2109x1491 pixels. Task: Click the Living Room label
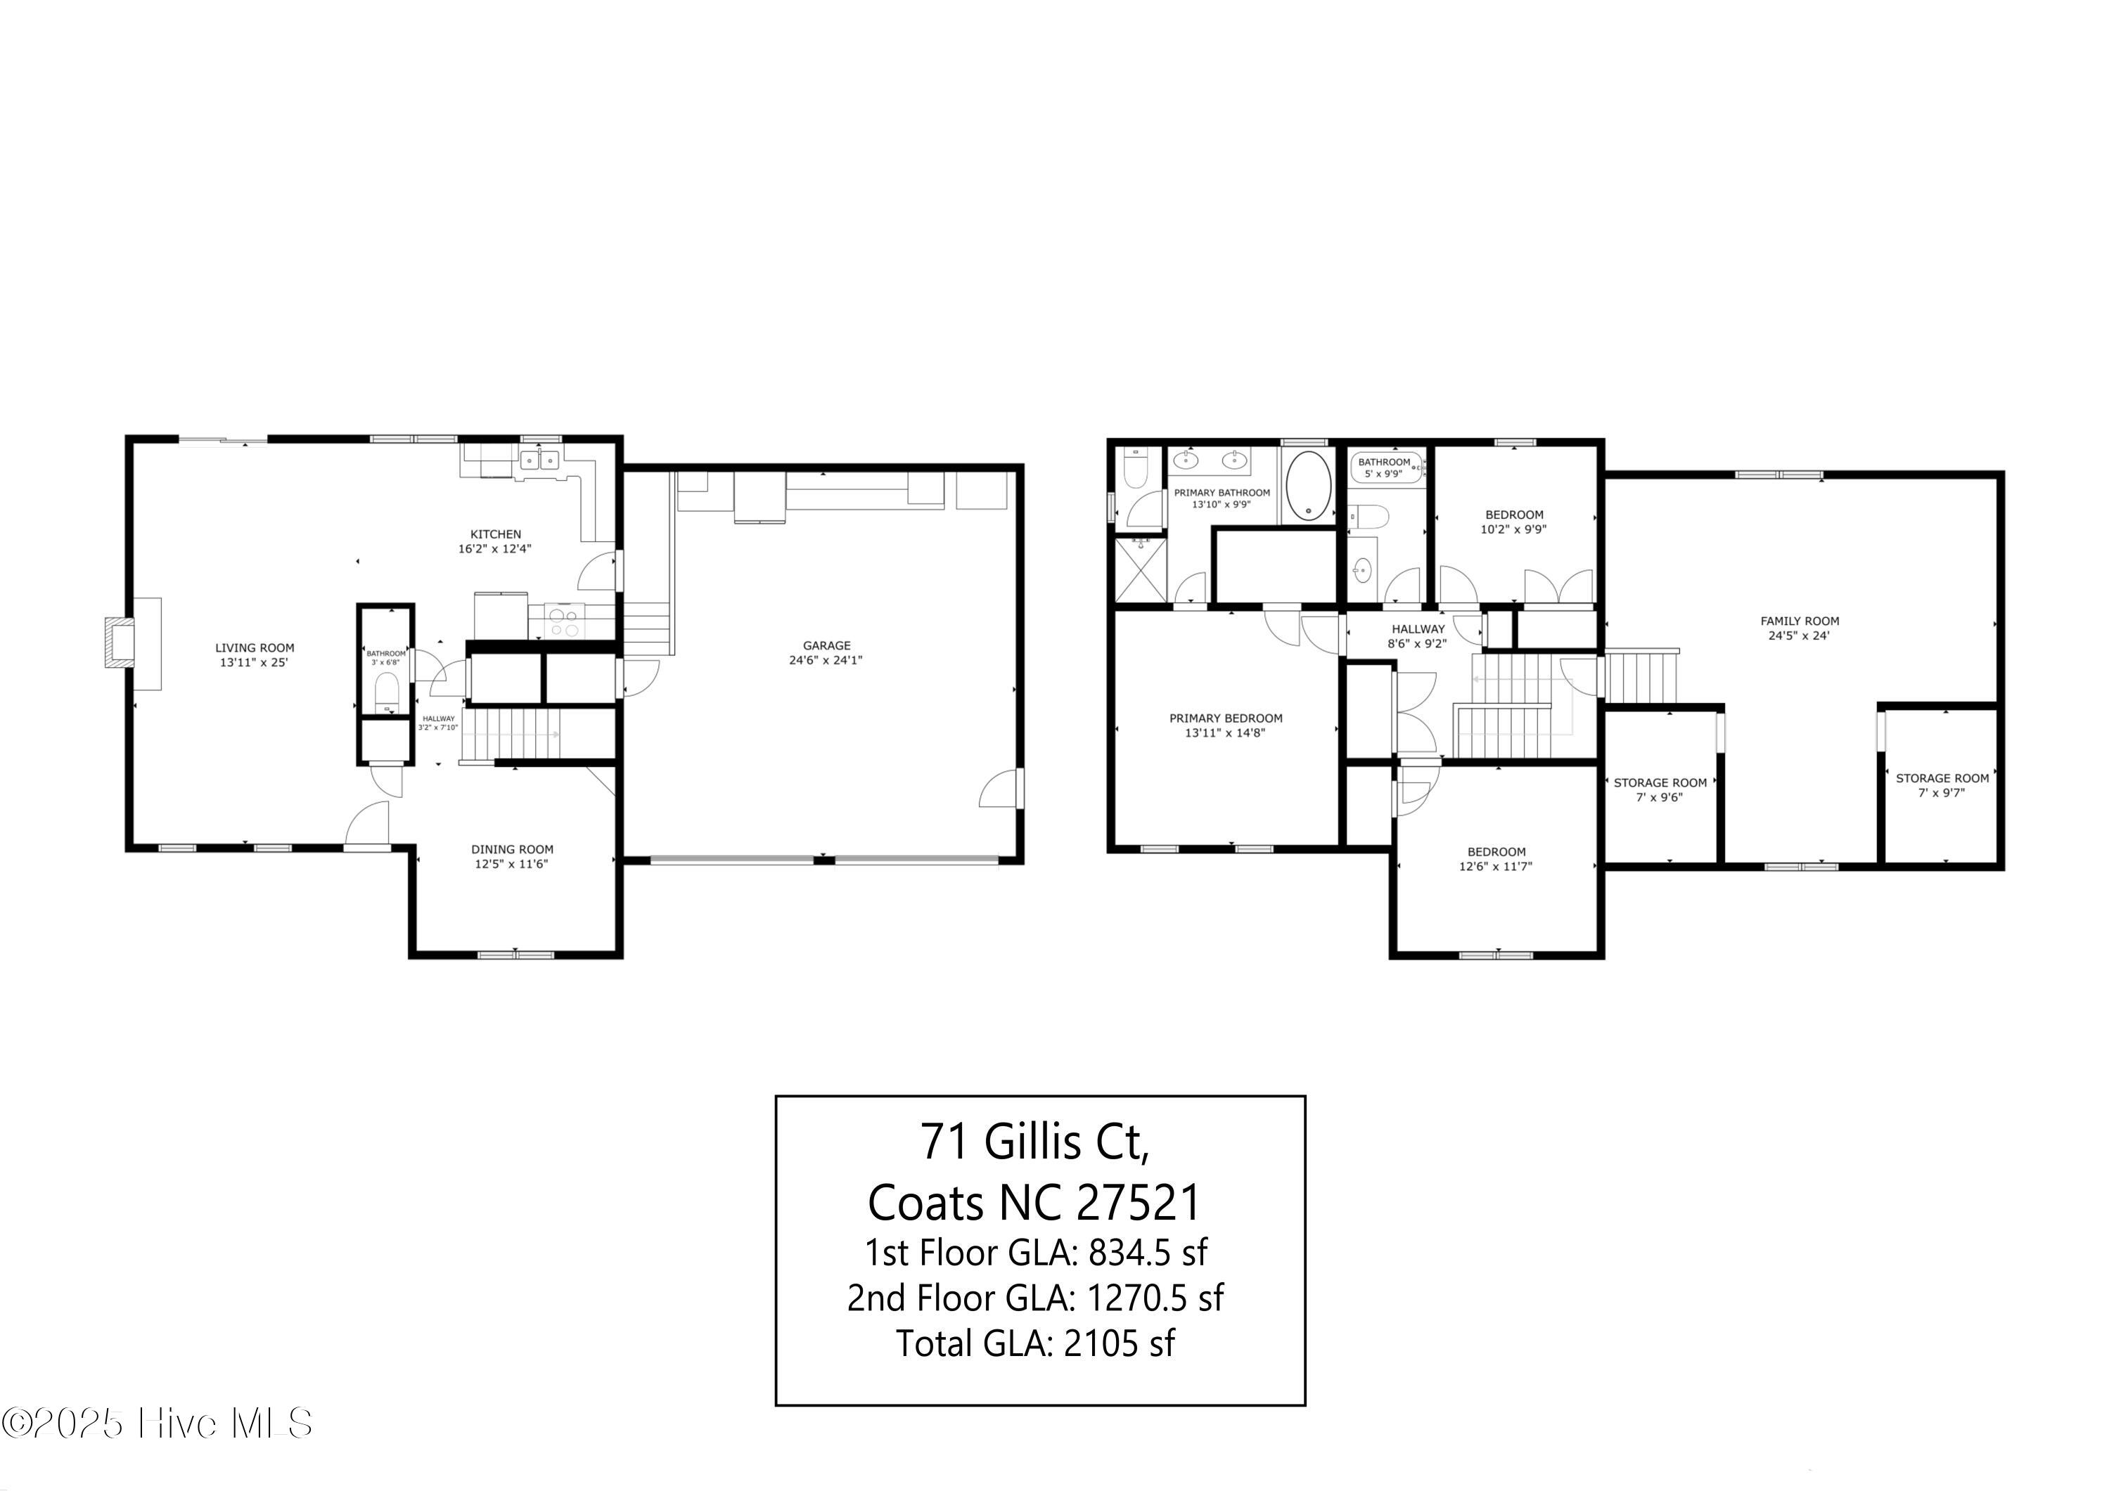point(255,647)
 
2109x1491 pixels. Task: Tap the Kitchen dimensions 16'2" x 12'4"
point(495,549)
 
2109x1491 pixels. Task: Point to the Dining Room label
point(512,849)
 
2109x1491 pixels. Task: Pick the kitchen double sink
point(539,459)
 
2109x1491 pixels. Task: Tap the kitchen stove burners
point(564,621)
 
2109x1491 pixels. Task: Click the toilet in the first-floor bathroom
point(387,693)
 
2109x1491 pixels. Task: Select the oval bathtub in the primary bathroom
point(1308,485)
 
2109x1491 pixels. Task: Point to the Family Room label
point(1800,621)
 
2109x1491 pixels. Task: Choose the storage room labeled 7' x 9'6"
point(1660,785)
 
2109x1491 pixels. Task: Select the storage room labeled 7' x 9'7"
point(1942,785)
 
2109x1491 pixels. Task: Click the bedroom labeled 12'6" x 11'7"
point(1497,858)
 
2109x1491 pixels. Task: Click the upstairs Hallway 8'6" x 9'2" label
point(1417,636)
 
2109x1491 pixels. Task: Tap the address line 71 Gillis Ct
point(1036,1141)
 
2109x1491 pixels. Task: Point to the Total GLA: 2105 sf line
point(1036,1343)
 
